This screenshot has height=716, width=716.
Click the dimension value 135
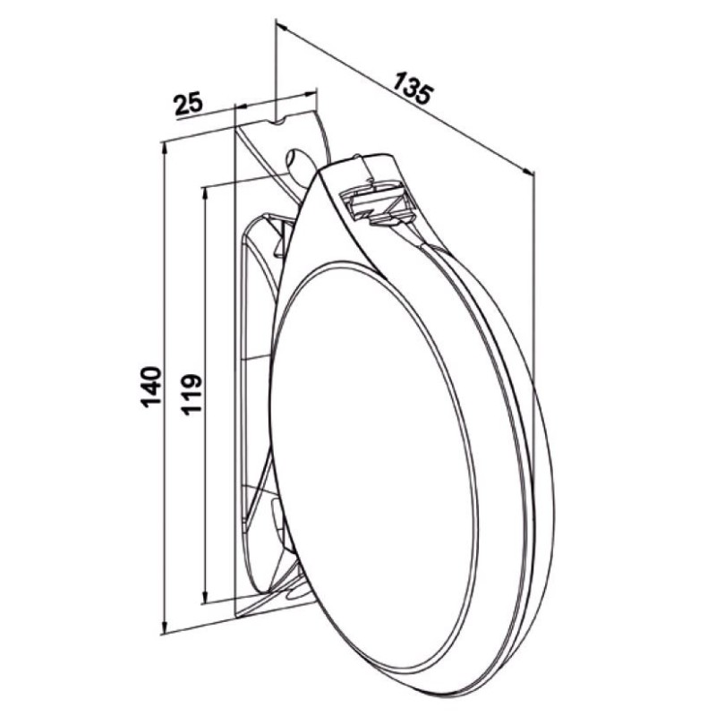click(413, 89)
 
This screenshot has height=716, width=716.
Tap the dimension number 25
click(188, 105)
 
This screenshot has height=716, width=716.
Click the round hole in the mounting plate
click(296, 158)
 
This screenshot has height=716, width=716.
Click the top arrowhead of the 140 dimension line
click(165, 148)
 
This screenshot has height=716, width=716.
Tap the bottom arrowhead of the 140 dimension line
click(165, 626)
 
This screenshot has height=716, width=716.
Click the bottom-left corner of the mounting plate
click(234, 616)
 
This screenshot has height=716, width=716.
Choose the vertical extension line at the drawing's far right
click(533, 268)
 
